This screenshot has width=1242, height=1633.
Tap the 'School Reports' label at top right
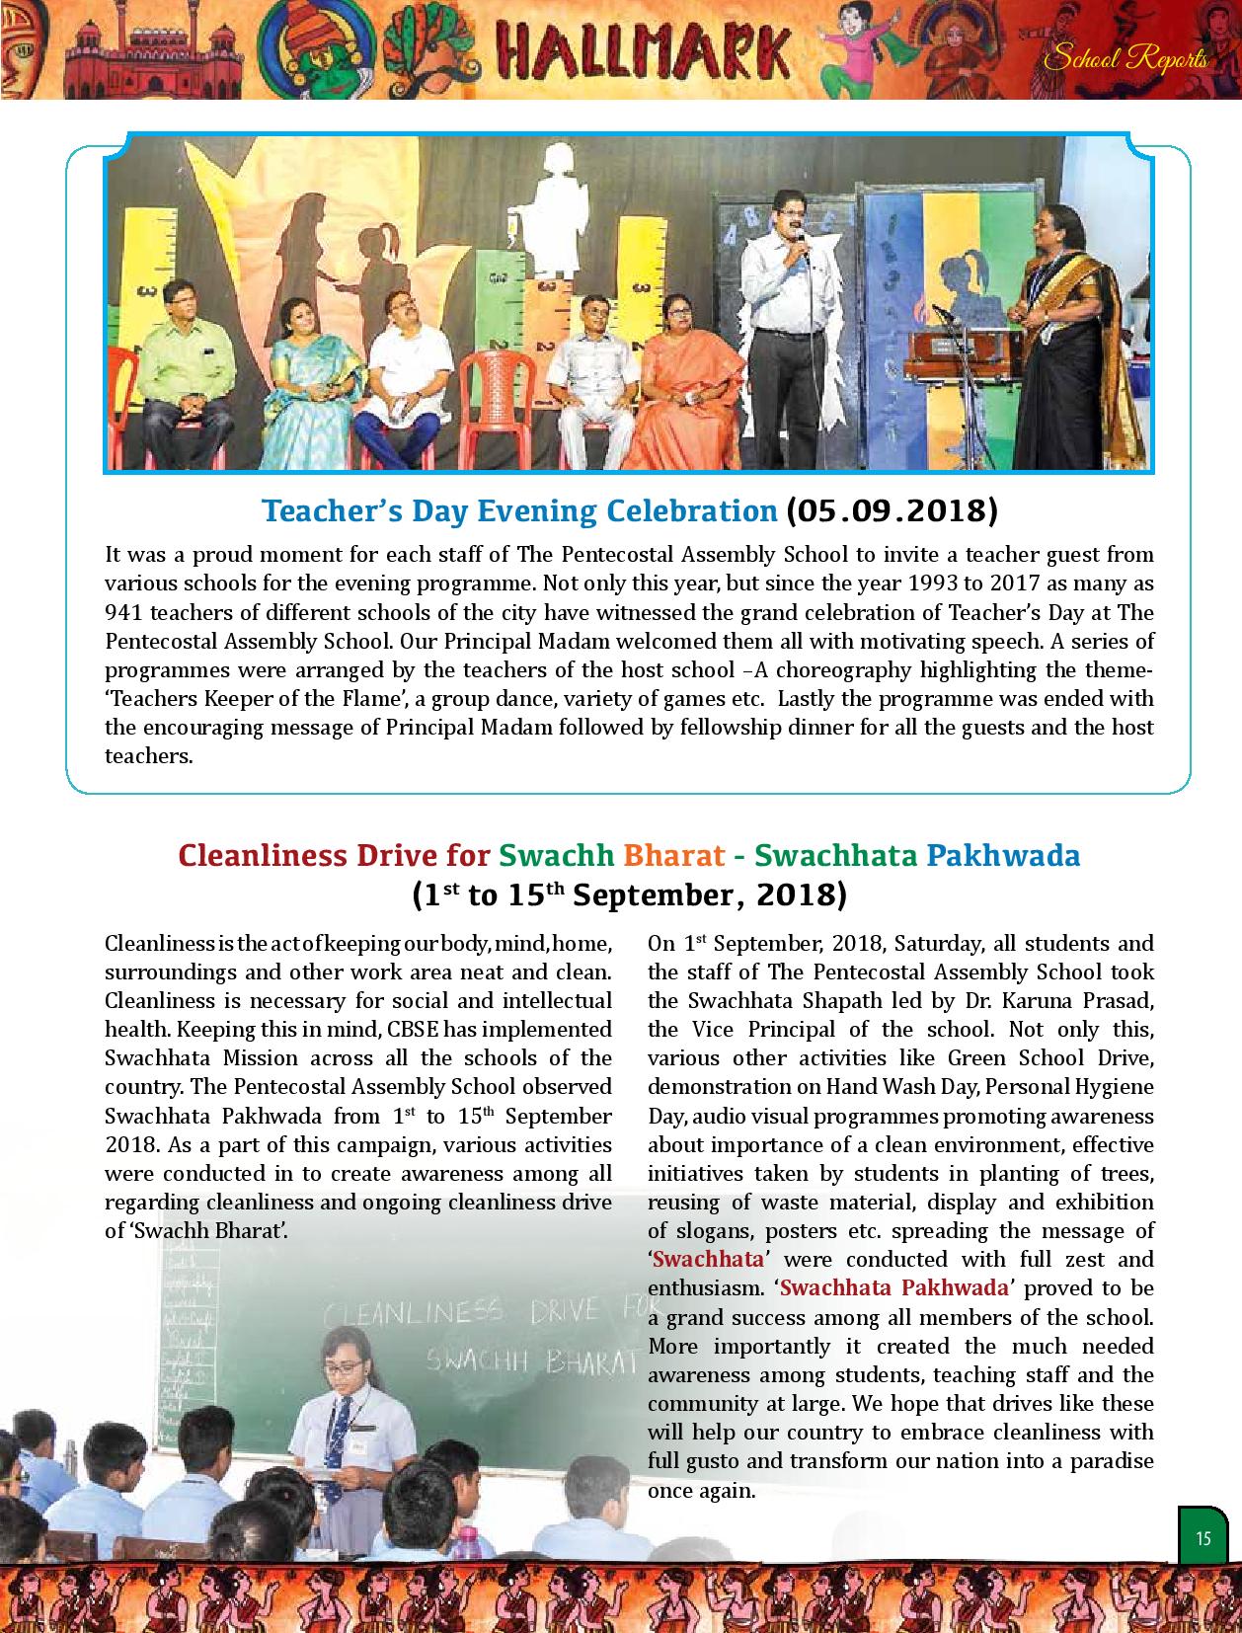pyautogui.click(x=1126, y=59)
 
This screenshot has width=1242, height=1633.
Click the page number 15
pyautogui.click(x=1203, y=1538)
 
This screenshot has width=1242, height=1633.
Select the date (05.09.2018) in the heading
pyautogui.click(x=892, y=510)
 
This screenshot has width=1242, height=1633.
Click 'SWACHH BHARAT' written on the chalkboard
pyautogui.click(x=529, y=1361)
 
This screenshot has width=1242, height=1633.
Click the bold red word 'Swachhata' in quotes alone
pyautogui.click(x=709, y=1260)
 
